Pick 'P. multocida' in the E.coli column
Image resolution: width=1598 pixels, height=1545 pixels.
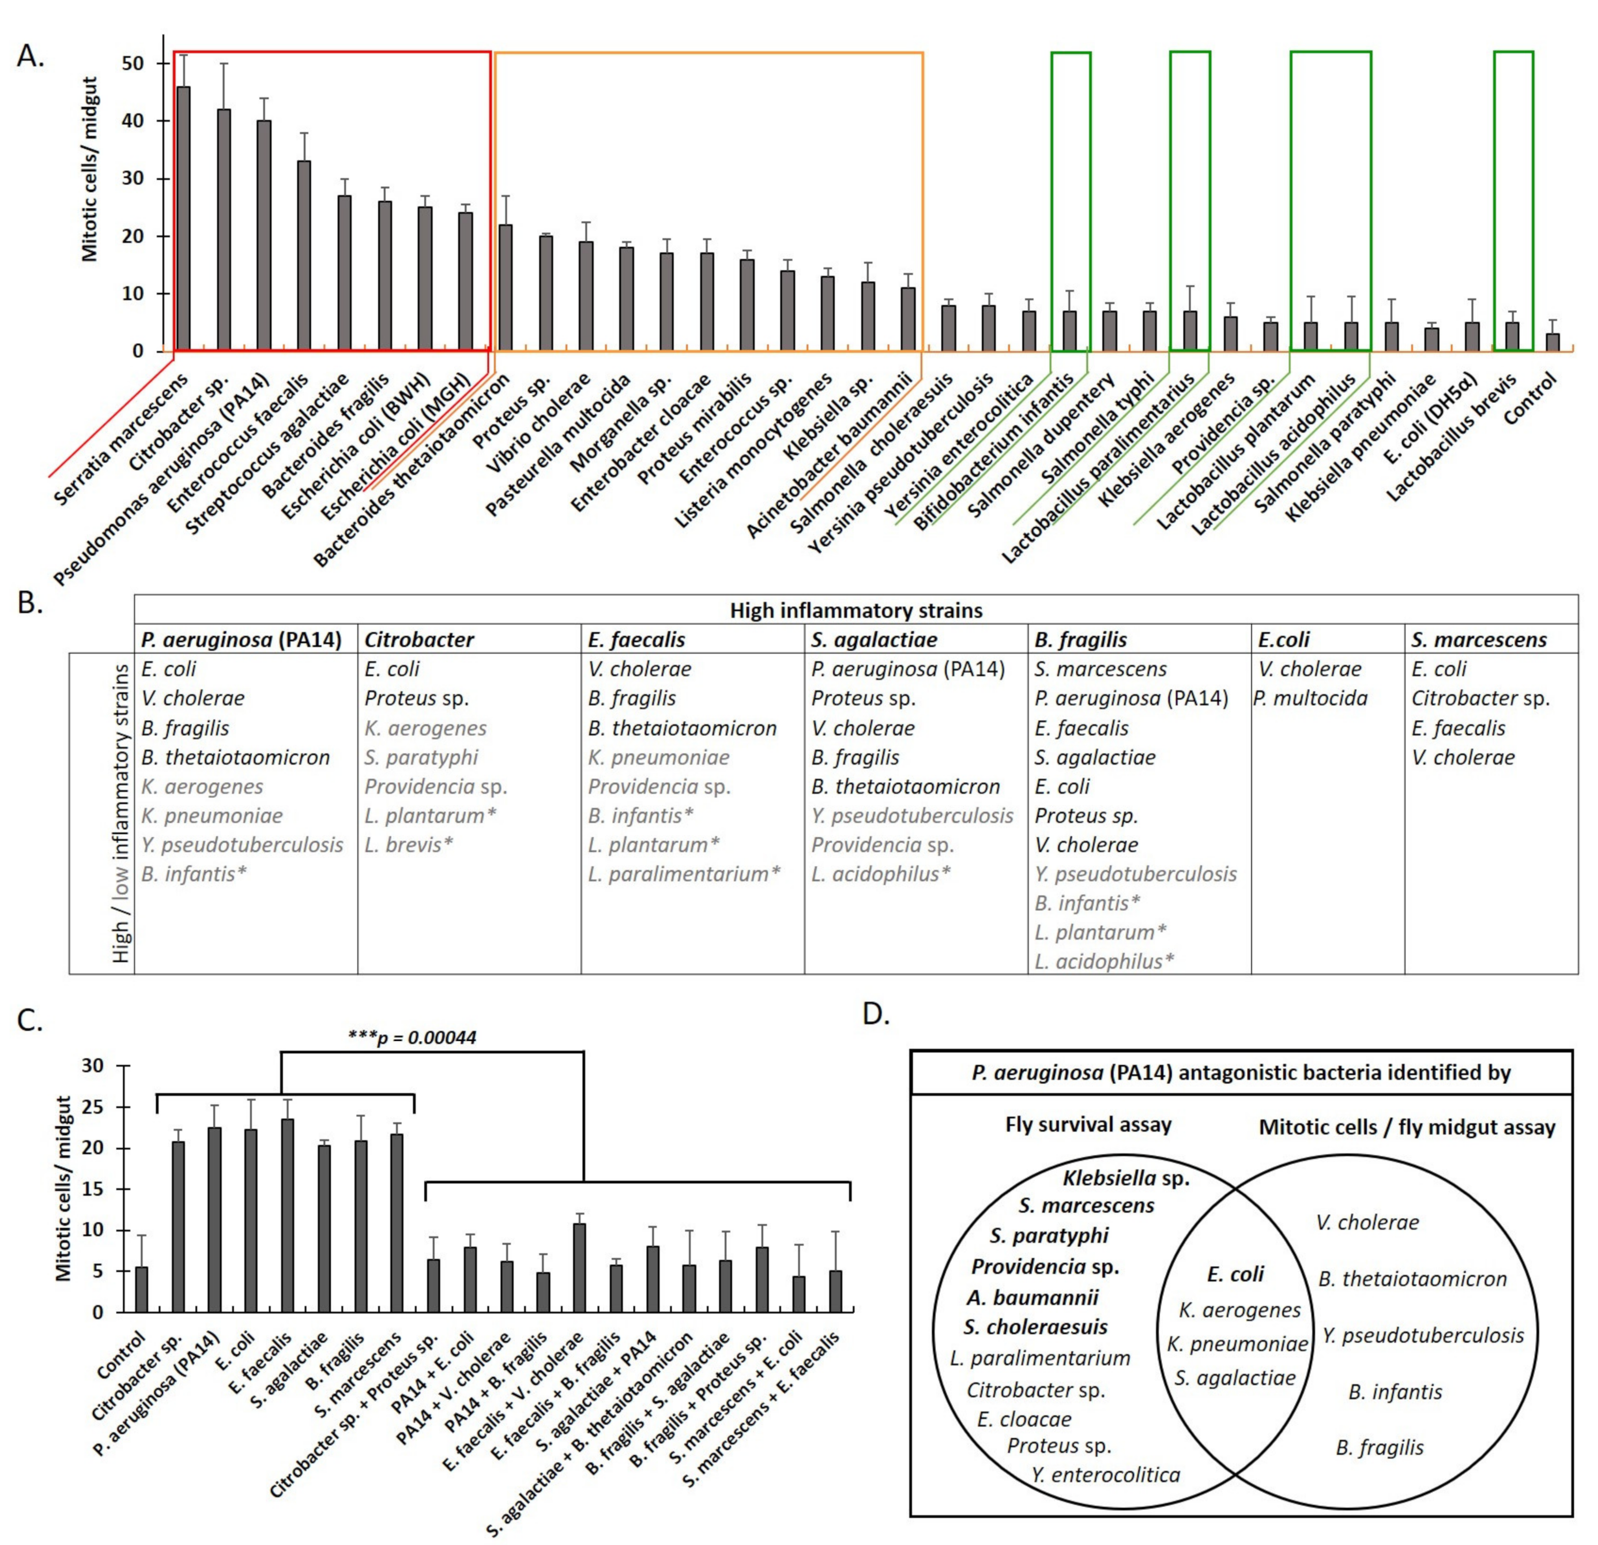click(1311, 698)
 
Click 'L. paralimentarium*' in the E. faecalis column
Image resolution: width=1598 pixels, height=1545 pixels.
click(683, 874)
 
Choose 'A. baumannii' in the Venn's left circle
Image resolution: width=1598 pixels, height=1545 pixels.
click(1033, 1297)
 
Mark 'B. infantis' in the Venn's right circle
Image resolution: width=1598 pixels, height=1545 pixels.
click(1394, 1392)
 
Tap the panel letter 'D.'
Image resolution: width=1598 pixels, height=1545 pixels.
click(876, 1014)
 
